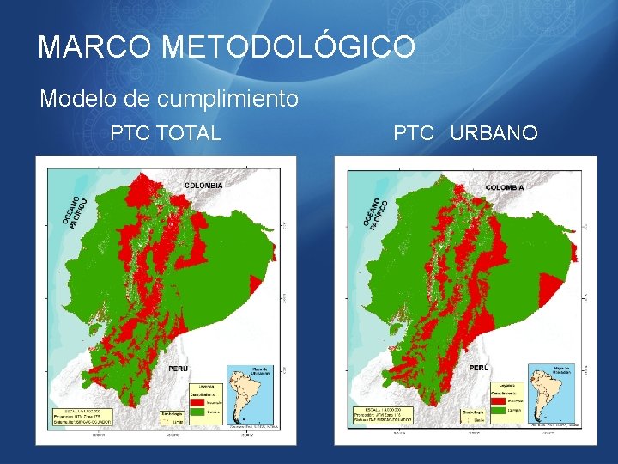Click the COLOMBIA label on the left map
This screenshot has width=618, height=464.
point(204,185)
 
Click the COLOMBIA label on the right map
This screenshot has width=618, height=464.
point(505,186)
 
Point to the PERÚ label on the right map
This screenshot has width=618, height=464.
point(479,368)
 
